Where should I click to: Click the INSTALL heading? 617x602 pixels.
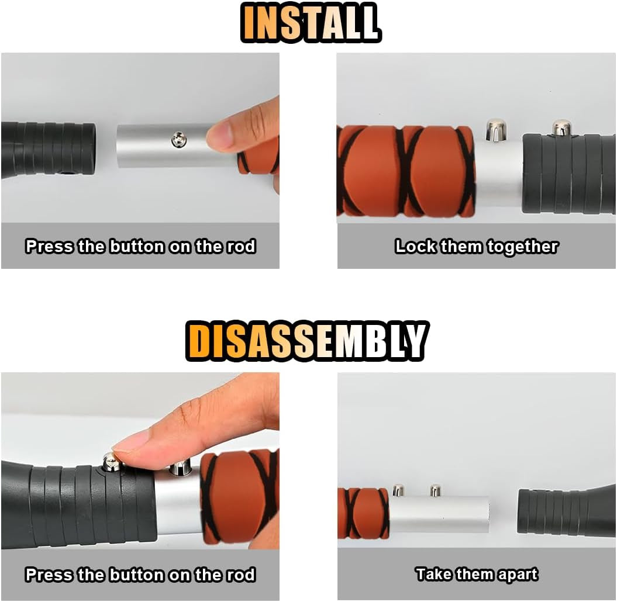tap(311, 24)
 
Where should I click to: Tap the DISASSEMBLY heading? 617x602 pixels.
tap(306, 342)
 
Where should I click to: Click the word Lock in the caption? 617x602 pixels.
tap(416, 247)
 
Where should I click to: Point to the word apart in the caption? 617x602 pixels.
tap(517, 575)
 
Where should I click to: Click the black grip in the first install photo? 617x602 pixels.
tap(50, 149)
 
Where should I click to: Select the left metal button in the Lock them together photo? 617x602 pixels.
tap(496, 130)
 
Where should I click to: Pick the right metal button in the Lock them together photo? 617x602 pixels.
tap(561, 127)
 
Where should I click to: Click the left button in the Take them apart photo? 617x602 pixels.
tap(398, 490)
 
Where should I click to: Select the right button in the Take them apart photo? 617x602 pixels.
tap(435, 490)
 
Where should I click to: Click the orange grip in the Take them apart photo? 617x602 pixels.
tap(363, 513)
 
